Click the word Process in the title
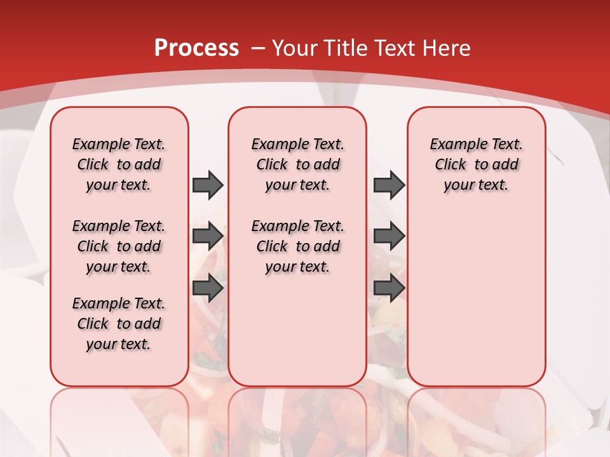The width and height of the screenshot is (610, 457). pyautogui.click(x=196, y=48)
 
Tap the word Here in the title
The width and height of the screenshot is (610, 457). pyautogui.click(x=446, y=48)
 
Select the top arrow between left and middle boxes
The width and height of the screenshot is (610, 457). pyautogui.click(x=208, y=185)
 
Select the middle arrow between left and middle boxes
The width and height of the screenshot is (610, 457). pyautogui.click(x=208, y=236)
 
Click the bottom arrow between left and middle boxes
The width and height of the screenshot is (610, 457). pyautogui.click(x=208, y=288)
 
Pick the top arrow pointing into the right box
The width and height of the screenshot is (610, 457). pyautogui.click(x=389, y=185)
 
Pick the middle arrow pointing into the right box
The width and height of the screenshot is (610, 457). pyautogui.click(x=389, y=236)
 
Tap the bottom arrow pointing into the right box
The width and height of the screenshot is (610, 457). pyautogui.click(x=389, y=288)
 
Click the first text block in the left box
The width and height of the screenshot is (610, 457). pyautogui.click(x=119, y=164)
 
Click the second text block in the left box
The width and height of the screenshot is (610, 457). pyautogui.click(x=119, y=246)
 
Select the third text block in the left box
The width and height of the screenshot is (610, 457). pyautogui.click(x=119, y=324)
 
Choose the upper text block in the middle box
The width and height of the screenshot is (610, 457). pyautogui.click(x=297, y=164)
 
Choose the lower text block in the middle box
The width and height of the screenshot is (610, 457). pyautogui.click(x=297, y=246)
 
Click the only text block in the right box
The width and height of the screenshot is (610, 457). pyautogui.click(x=476, y=164)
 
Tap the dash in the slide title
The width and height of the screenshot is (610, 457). pyautogui.click(x=259, y=48)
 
